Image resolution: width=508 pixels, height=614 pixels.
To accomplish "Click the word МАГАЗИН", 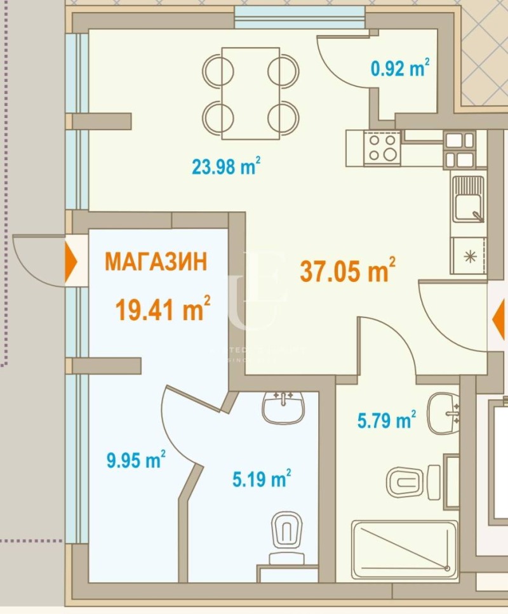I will pos(156,262).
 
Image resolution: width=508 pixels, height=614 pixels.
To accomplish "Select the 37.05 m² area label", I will pos(347,271).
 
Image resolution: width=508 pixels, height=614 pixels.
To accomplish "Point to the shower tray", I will pos(404,550).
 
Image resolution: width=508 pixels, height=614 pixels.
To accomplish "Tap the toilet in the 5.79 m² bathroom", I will pos(413,481).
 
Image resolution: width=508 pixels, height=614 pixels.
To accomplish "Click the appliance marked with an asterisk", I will pos(469,256).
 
